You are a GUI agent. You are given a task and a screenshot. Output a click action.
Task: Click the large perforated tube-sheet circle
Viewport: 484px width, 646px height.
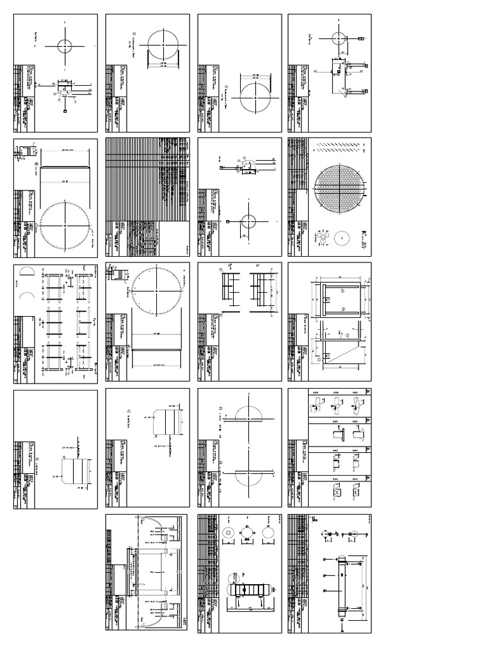click(x=339, y=187)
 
